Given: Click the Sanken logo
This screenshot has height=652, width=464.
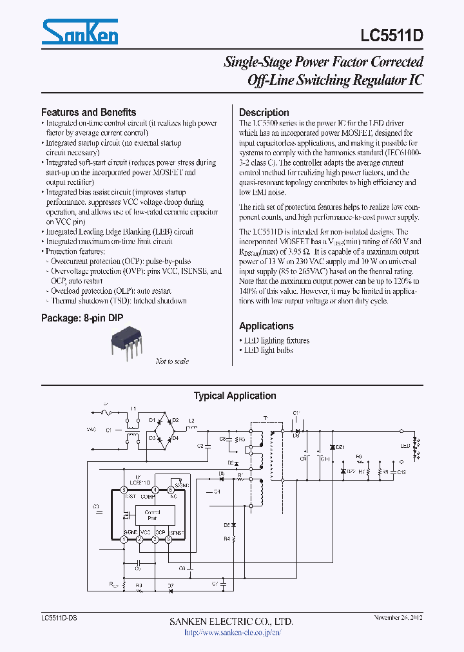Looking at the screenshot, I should [x=80, y=32].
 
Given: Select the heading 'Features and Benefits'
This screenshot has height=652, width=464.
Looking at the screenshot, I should [x=88, y=112].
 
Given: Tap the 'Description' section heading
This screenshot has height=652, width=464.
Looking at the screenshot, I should [x=264, y=112].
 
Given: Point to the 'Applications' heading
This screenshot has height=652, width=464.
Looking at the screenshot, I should [x=266, y=326].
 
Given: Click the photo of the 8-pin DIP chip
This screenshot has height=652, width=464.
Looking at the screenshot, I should [x=128, y=341].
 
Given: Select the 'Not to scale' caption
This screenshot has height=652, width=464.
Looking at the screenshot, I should [x=172, y=361].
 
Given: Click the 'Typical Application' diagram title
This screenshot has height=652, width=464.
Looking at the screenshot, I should [x=235, y=396].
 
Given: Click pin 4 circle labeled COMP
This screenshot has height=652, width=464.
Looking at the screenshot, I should [x=155, y=490].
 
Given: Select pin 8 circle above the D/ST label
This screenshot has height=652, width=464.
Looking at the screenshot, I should [x=124, y=490].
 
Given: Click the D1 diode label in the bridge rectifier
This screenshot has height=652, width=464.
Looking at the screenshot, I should [x=152, y=420].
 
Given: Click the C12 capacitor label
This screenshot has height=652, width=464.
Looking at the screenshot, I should [x=401, y=472].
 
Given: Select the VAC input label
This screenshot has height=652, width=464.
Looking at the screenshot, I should [x=92, y=428].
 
